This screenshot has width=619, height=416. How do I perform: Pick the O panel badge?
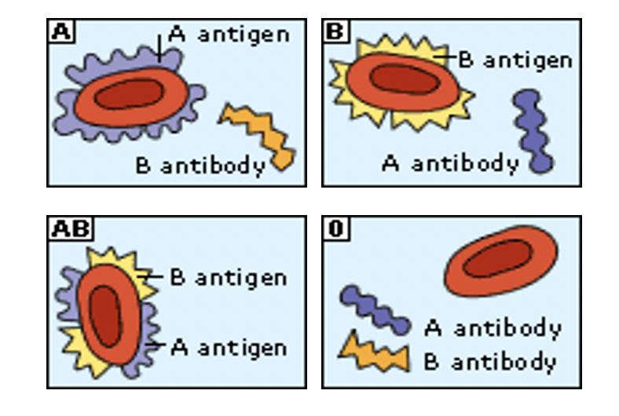click(x=333, y=228)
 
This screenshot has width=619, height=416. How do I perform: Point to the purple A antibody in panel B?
click(x=532, y=130)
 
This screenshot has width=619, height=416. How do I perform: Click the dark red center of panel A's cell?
click(x=130, y=94)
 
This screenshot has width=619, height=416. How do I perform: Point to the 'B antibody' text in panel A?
click(x=200, y=166)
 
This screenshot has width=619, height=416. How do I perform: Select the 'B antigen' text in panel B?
click(x=515, y=60)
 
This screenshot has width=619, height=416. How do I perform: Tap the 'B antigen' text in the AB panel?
click(x=228, y=278)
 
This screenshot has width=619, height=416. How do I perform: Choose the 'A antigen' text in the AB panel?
click(x=228, y=347)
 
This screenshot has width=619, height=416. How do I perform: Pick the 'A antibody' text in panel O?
click(x=493, y=327)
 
